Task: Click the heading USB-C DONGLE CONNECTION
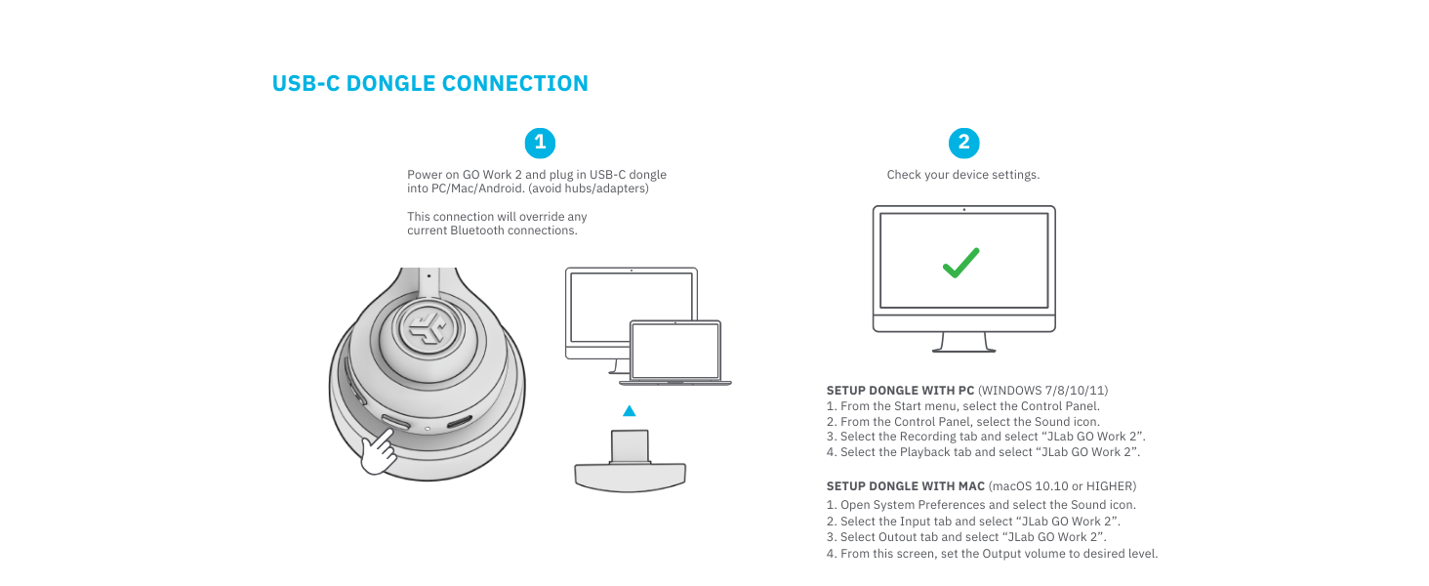click(429, 84)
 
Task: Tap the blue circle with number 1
click(540, 143)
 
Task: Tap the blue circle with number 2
click(963, 143)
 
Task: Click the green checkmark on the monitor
click(961, 262)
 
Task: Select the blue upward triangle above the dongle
click(630, 411)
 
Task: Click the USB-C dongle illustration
click(630, 465)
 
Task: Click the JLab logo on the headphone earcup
click(429, 330)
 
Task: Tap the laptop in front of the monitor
click(675, 354)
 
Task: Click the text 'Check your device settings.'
click(962, 175)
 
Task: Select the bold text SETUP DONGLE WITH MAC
click(905, 485)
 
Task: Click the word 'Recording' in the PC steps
click(927, 437)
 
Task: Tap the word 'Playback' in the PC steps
click(924, 452)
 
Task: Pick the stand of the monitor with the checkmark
click(962, 342)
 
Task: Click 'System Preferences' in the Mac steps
click(929, 505)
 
